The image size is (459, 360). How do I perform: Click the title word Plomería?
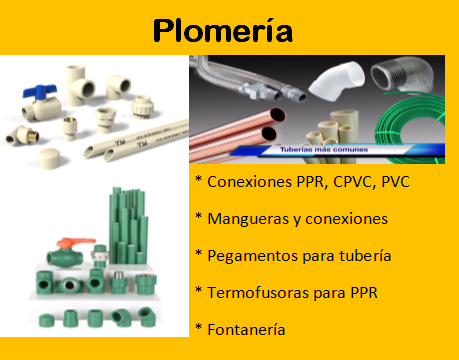click(x=223, y=30)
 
